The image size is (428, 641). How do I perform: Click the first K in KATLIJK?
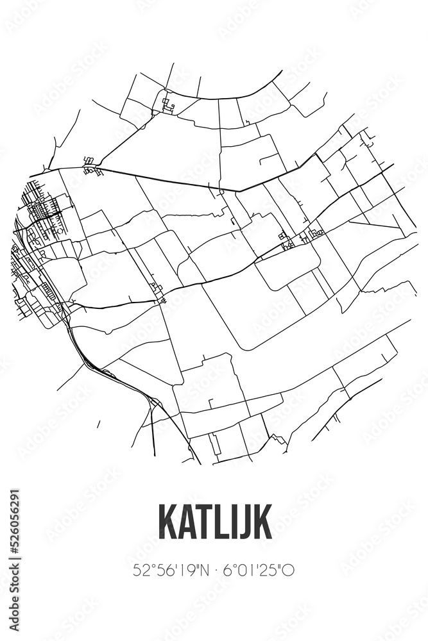[x=168, y=522]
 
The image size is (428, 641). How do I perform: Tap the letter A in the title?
[x=189, y=522]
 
